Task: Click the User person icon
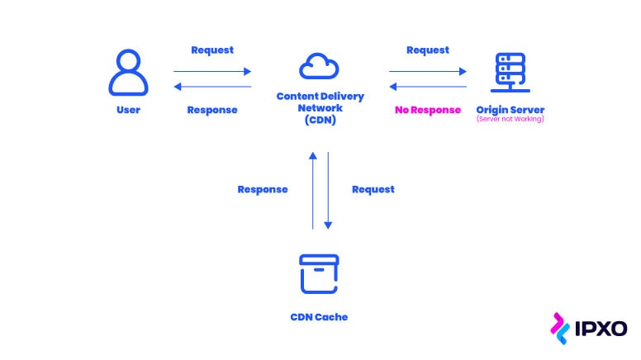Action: click(128, 73)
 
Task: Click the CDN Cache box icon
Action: click(319, 274)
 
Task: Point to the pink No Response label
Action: click(427, 110)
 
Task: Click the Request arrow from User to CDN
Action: click(212, 72)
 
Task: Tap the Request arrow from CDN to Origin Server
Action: click(428, 72)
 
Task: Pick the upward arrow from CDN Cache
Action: click(312, 190)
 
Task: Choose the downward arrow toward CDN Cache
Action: click(328, 190)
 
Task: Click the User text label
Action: click(128, 110)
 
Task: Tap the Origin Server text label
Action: click(510, 110)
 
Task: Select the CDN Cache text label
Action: click(319, 316)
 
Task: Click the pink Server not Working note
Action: click(510, 121)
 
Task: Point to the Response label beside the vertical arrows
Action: click(263, 189)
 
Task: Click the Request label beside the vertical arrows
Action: click(373, 189)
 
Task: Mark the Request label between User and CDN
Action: click(212, 50)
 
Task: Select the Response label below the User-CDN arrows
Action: click(212, 110)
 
